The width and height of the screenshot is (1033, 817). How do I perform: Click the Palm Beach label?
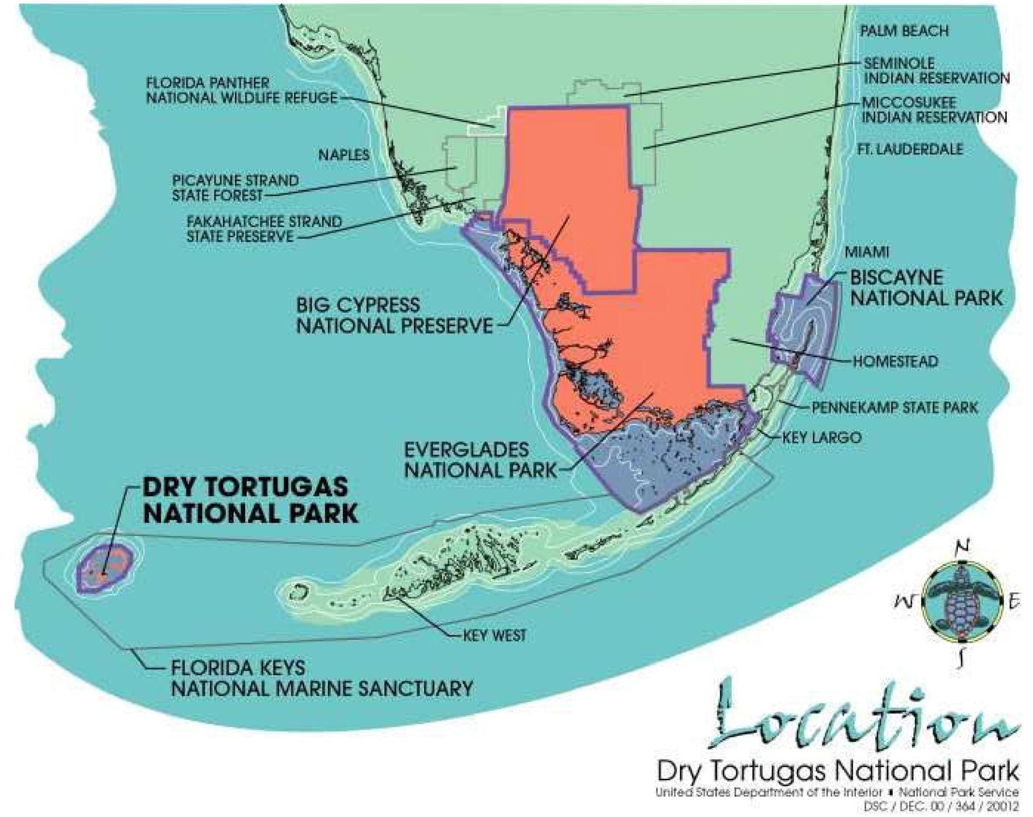coord(904,31)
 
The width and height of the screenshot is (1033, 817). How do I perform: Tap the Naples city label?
coord(343,155)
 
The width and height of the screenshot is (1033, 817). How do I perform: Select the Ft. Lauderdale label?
coord(909,149)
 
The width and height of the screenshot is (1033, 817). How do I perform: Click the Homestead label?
coord(895,361)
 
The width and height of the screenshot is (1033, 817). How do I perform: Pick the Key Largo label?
coord(821,437)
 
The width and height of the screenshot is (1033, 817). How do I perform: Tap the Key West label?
coord(494,635)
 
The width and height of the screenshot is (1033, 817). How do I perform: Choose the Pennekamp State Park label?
coord(894,407)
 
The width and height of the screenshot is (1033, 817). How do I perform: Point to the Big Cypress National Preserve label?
coord(393,316)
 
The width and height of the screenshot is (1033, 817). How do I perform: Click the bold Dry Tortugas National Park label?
coord(251,500)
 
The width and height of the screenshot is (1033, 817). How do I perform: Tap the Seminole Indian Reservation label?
coord(936,71)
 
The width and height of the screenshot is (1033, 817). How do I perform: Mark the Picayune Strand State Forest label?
coord(235,188)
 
